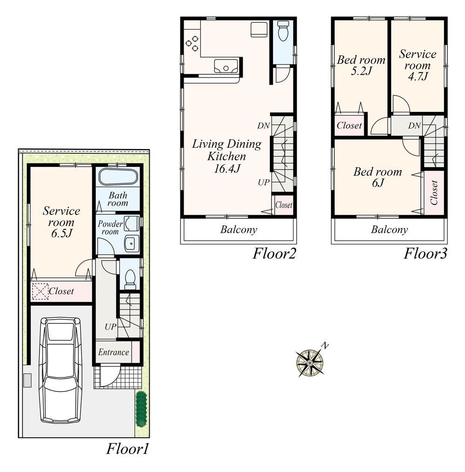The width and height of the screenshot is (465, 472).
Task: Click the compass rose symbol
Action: click(x=310, y=362)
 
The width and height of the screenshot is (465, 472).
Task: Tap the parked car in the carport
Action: click(x=60, y=370)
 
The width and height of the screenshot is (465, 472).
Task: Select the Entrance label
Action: click(x=113, y=352)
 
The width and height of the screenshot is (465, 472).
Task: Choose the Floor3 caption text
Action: click(x=425, y=254)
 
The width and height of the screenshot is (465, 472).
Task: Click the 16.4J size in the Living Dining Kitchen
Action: click(x=226, y=169)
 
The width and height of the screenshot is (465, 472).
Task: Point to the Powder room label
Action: click(x=110, y=228)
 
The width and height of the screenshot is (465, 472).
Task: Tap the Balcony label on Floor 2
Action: click(x=239, y=229)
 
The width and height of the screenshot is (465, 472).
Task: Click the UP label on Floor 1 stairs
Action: click(x=110, y=327)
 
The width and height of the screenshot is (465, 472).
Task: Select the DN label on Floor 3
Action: click(x=414, y=125)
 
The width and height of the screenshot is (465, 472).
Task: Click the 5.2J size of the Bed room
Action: click(x=361, y=72)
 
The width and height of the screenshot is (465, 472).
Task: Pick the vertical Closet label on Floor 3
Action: click(x=434, y=193)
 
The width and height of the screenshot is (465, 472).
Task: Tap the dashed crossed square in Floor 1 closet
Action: click(x=40, y=292)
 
